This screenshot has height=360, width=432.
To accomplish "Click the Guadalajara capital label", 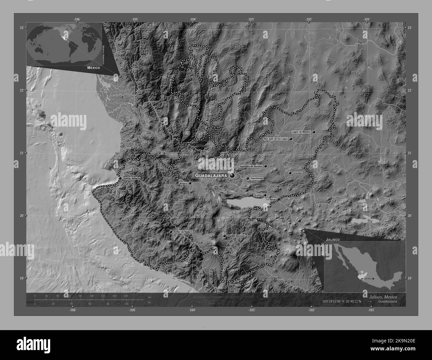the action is point(211,175).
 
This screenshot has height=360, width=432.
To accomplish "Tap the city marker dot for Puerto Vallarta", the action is point(120,178).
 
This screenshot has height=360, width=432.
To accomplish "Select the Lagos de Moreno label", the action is point(301,132).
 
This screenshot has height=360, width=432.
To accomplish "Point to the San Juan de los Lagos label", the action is point(275,139).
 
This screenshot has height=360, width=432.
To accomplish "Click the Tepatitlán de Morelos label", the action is point(251,166).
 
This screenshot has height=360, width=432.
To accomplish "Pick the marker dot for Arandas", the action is point(290,173).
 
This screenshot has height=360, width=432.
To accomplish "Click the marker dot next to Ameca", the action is point(190,183).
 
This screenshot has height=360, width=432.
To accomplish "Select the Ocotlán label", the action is point(258,195).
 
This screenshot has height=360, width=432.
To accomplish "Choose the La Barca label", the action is point(271,199).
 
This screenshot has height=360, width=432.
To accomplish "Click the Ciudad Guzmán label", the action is point(236,236).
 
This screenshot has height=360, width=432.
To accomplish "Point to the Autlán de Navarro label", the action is point(183,231).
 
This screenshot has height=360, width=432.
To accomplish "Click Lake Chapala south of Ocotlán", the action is point(246,203).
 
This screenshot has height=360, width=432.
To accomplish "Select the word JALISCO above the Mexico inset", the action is point(333,239).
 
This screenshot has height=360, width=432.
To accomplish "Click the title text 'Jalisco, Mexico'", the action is point(382,296).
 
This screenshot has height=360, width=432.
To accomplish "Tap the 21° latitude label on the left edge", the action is point(21,153).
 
